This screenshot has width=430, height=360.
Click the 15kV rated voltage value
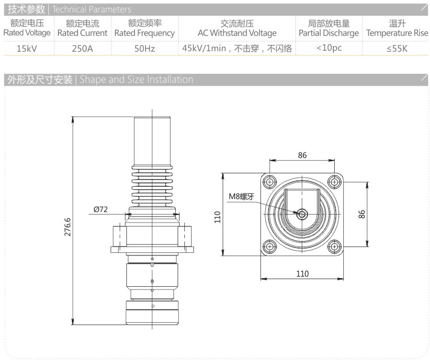(x=27, y=48)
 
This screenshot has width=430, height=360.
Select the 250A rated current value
(x=82, y=48)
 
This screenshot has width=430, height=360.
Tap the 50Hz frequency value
(x=145, y=48)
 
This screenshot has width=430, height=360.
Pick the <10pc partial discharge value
(x=329, y=48)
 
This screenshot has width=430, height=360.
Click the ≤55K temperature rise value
(x=397, y=49)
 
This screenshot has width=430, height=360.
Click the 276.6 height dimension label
(x=68, y=227)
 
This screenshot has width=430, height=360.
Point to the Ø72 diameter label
(x=101, y=210)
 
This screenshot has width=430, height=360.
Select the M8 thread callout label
(x=241, y=196)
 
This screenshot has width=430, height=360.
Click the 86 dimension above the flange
(x=302, y=155)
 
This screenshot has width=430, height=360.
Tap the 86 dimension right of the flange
(x=362, y=214)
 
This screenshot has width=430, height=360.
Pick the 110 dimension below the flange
(x=302, y=274)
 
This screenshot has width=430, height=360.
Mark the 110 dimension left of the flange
(x=217, y=217)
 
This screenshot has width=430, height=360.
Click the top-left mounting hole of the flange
(x=270, y=182)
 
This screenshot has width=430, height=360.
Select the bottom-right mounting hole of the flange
(x=334, y=247)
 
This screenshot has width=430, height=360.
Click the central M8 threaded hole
(x=302, y=214)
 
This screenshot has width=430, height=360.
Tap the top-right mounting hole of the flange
(x=334, y=182)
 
